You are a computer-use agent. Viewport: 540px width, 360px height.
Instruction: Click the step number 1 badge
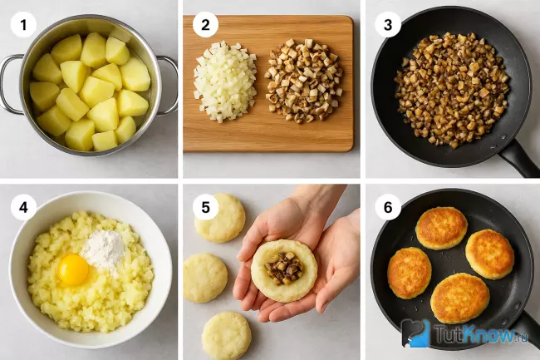[x=23, y=25]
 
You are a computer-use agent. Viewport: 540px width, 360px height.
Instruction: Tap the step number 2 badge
[x=205, y=25]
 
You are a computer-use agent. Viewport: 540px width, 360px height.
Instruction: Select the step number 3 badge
[x=388, y=25]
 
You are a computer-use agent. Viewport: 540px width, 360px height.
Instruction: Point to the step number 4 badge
[x=23, y=207]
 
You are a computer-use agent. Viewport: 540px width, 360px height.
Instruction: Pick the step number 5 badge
[x=205, y=207]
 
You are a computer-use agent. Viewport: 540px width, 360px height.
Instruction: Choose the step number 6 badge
[x=388, y=207]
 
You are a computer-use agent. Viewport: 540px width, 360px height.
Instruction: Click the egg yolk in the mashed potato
[x=73, y=269]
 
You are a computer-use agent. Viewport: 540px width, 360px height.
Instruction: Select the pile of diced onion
[x=225, y=81]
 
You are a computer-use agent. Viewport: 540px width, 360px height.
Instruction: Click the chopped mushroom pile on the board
[x=304, y=81]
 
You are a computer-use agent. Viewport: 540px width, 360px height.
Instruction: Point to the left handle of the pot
[x=11, y=84]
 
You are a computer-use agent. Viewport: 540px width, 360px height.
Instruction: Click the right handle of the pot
[x=169, y=86]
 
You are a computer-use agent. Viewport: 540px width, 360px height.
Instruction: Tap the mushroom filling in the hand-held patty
[x=284, y=269]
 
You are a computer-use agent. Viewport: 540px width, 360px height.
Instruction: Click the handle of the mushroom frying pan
[x=520, y=158]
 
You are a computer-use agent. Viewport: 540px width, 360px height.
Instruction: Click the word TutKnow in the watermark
[x=476, y=333]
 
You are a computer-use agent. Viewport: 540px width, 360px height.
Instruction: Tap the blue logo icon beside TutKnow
[x=415, y=333]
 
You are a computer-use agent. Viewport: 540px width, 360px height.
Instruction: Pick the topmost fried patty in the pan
[x=441, y=228]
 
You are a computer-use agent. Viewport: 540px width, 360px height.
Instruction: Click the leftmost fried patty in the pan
[x=409, y=273]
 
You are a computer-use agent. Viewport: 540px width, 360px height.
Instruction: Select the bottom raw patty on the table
[x=226, y=336]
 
